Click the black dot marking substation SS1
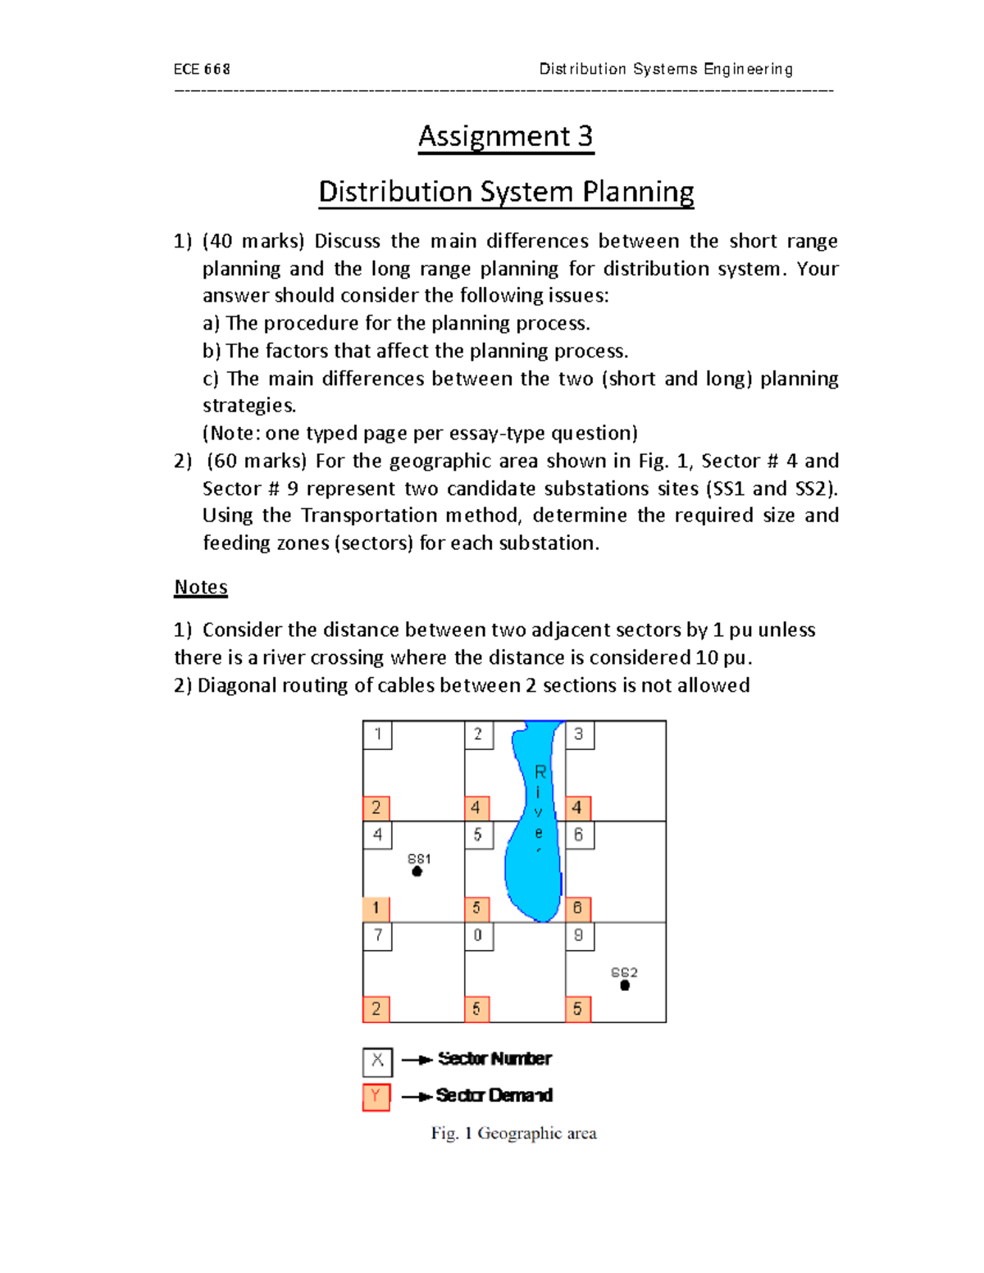click(417, 871)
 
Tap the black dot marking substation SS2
click(625, 985)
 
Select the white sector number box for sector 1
click(377, 734)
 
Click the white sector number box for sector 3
click(579, 734)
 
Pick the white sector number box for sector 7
click(377, 936)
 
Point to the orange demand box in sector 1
click(376, 808)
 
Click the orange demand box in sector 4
click(376, 908)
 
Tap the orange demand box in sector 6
click(578, 908)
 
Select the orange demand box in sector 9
click(578, 1009)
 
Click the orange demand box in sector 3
click(578, 808)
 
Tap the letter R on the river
click(540, 772)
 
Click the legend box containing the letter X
click(377, 1062)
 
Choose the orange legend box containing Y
click(376, 1097)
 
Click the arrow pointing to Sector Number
click(417, 1060)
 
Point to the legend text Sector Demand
click(494, 1095)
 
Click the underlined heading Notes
click(201, 587)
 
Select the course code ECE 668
click(202, 70)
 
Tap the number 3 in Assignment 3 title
click(584, 136)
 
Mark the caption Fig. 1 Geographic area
click(514, 1134)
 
